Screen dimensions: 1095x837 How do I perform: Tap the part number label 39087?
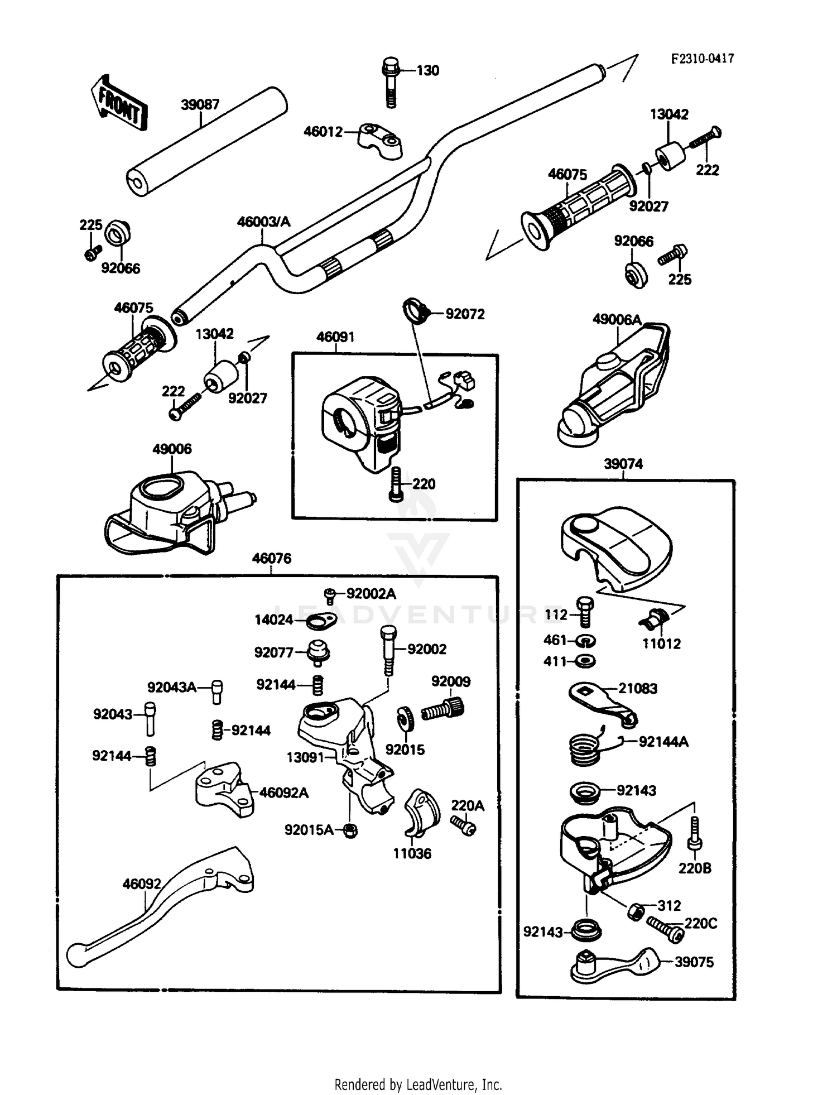tap(200, 104)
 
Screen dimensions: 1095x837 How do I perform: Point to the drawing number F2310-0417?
tap(703, 59)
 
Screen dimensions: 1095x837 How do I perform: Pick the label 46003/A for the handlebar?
tap(263, 222)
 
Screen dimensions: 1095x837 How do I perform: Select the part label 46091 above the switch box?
tap(335, 337)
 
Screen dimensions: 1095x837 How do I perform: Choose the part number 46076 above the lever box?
tap(272, 558)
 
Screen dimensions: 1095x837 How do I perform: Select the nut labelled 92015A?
tap(350, 830)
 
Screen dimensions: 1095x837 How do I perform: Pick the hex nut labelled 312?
tap(636, 911)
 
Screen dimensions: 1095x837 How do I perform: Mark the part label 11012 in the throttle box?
tap(661, 643)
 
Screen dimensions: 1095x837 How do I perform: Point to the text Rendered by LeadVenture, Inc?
tap(418, 1084)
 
